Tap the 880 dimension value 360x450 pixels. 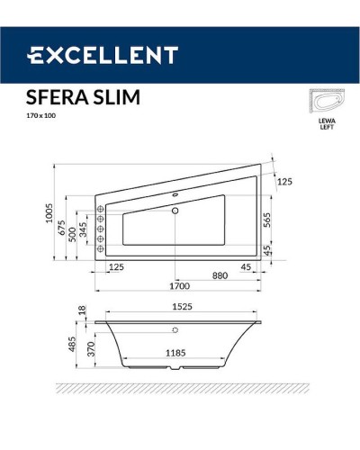219,274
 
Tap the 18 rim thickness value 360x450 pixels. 82,309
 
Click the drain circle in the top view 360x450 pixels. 175,211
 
